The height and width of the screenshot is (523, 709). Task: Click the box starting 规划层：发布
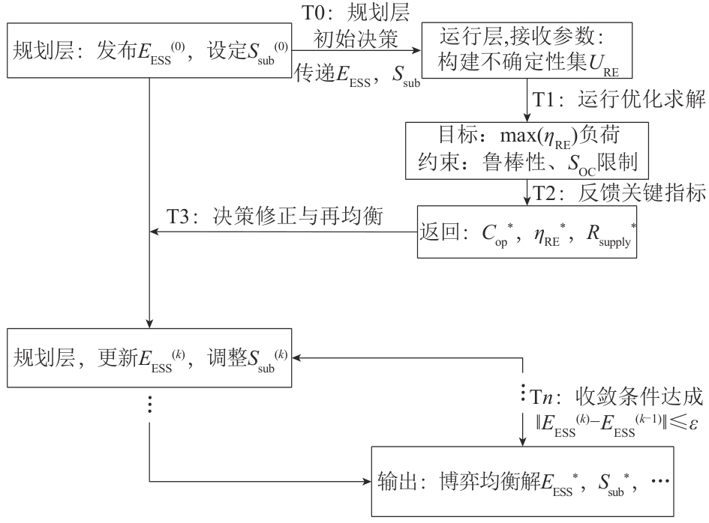tap(149, 52)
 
